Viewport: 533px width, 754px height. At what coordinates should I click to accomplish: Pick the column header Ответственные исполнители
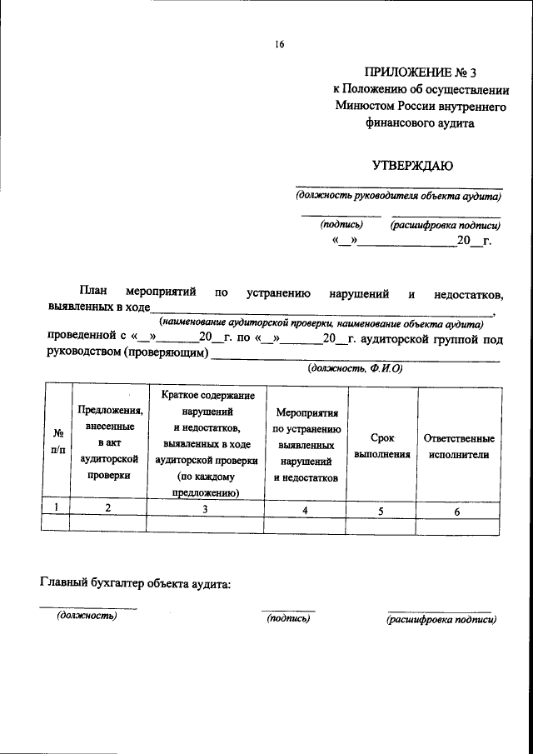(x=458, y=447)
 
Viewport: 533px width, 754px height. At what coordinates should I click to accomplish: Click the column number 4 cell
(x=305, y=511)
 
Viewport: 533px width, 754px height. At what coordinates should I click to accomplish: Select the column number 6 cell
(x=457, y=512)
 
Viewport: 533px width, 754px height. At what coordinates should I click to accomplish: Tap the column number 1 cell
(x=56, y=507)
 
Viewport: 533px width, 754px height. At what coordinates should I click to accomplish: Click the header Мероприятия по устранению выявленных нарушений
(x=305, y=446)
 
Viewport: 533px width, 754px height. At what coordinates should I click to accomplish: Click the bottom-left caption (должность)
(x=87, y=617)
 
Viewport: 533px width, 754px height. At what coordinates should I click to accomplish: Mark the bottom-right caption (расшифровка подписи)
(x=441, y=619)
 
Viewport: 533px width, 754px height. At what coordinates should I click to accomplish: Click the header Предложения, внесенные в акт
(x=110, y=442)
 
